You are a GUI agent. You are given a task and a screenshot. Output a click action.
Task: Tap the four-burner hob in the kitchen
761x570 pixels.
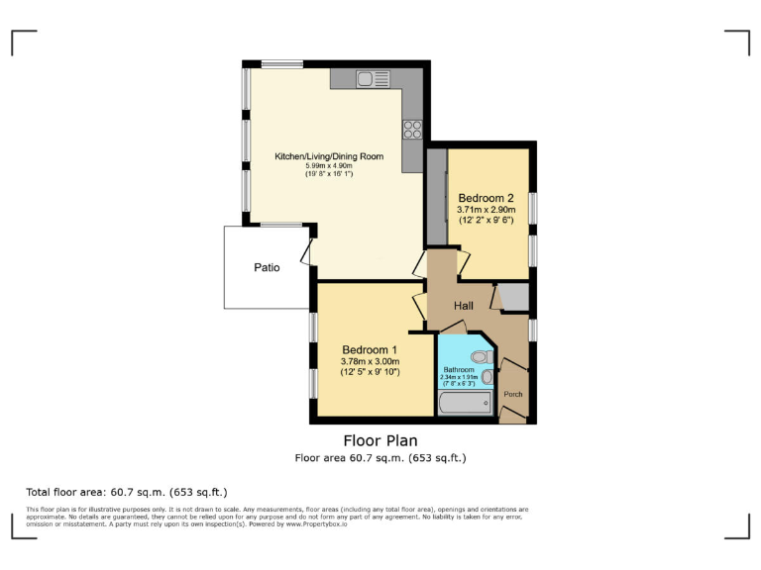(412, 129)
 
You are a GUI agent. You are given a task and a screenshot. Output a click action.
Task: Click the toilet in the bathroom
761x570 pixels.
(482, 356)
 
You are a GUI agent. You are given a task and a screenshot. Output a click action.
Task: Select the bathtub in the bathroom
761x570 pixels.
(465, 403)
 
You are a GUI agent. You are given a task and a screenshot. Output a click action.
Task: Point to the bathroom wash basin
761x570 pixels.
(487, 377)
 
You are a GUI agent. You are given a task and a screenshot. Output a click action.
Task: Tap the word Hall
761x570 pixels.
(464, 306)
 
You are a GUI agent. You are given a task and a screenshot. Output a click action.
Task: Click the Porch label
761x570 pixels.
(513, 394)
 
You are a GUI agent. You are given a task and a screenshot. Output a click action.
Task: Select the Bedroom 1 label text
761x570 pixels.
(370, 349)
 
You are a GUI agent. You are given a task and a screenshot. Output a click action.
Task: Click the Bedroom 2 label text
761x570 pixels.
(486, 198)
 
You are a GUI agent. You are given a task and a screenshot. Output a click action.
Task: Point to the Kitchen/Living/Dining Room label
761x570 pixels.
(329, 155)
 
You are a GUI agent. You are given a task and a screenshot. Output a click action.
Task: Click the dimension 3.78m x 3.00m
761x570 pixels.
(370, 361)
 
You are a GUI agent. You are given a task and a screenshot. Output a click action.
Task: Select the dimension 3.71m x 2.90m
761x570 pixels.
(486, 210)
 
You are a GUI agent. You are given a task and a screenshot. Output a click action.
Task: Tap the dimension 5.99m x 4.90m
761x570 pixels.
(329, 165)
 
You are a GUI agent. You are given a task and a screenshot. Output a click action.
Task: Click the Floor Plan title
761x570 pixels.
(380, 440)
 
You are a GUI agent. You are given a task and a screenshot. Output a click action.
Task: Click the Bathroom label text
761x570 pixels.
(459, 369)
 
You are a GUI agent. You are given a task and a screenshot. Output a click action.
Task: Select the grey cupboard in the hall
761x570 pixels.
(512, 297)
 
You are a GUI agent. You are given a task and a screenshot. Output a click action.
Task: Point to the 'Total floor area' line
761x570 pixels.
(127, 492)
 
